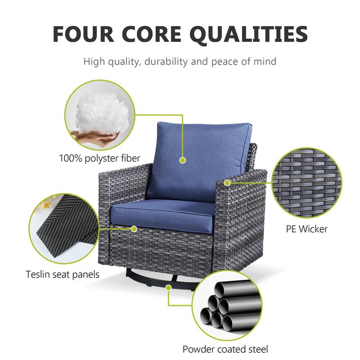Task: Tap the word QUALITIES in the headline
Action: pos(249,35)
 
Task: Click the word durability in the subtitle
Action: pos(166,62)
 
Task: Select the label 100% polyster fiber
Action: pos(99,158)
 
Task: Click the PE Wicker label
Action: pos(307,229)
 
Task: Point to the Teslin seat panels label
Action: pos(63,274)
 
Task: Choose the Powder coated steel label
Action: pos(225,349)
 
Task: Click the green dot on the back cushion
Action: pos(183,160)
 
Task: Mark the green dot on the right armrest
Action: pos(227,183)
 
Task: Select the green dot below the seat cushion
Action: pos(134,229)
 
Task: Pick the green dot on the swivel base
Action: pos(169,288)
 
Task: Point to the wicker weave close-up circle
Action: pos(307,183)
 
